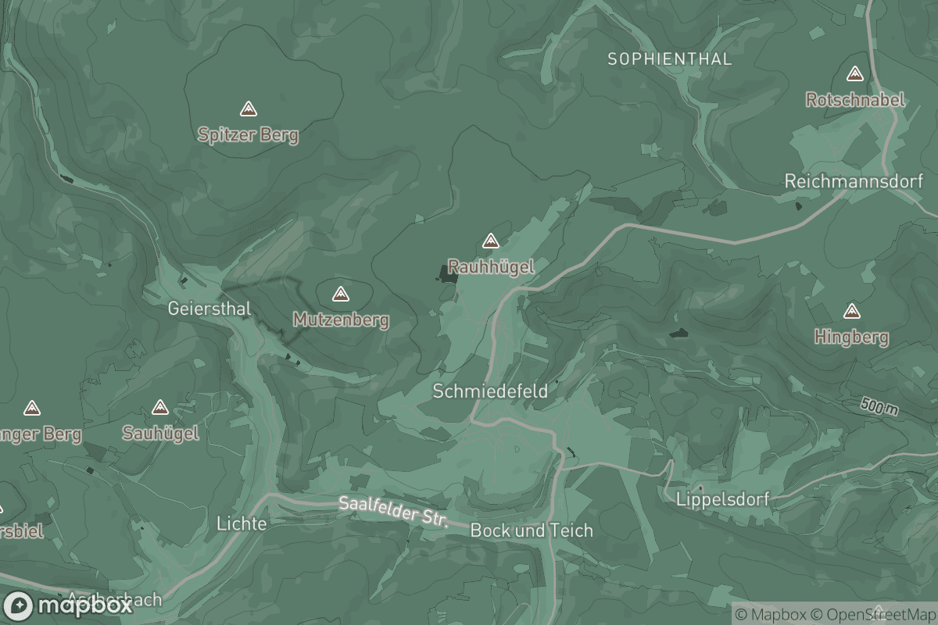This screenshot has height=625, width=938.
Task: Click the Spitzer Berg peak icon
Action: pyautogui.click(x=249, y=109)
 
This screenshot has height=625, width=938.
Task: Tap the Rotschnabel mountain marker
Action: pyautogui.click(x=854, y=74)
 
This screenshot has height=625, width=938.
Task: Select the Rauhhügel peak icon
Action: pyautogui.click(x=491, y=241)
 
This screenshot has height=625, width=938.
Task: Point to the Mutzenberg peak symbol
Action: pyautogui.click(x=340, y=295)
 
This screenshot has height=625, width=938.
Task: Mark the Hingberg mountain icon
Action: pyautogui.click(x=852, y=312)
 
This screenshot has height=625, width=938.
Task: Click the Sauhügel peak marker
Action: pyautogui.click(x=160, y=408)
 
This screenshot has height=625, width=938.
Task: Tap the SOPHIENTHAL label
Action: pyautogui.click(x=669, y=59)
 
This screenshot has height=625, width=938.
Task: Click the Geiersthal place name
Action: pyautogui.click(x=209, y=309)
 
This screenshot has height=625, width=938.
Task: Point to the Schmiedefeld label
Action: pyautogui.click(x=490, y=391)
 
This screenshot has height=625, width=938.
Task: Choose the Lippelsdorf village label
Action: pyautogui.click(x=723, y=499)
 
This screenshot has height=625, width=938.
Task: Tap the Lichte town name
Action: pyautogui.click(x=242, y=523)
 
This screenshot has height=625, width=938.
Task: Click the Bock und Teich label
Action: pyautogui.click(x=532, y=530)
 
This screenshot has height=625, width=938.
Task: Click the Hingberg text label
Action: pyautogui.click(x=851, y=337)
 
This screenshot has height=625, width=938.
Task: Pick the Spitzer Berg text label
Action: pyautogui.click(x=248, y=135)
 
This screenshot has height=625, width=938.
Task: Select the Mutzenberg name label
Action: pyautogui.click(x=341, y=320)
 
